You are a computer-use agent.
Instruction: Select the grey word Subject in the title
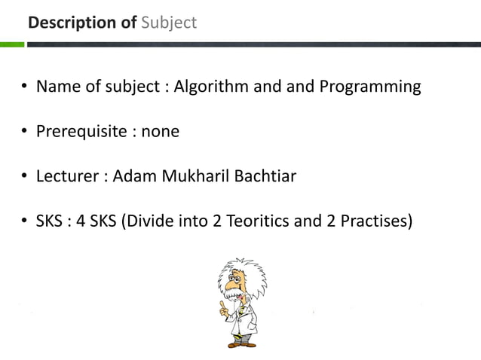tap(167, 23)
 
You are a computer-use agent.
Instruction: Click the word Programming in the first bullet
tap(370, 87)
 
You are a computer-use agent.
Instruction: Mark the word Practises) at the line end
tap(375, 222)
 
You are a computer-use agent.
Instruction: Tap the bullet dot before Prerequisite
tap(25, 133)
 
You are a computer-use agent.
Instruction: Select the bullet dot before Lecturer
tap(25, 178)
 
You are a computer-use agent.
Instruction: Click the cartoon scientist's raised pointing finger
tap(222, 305)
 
